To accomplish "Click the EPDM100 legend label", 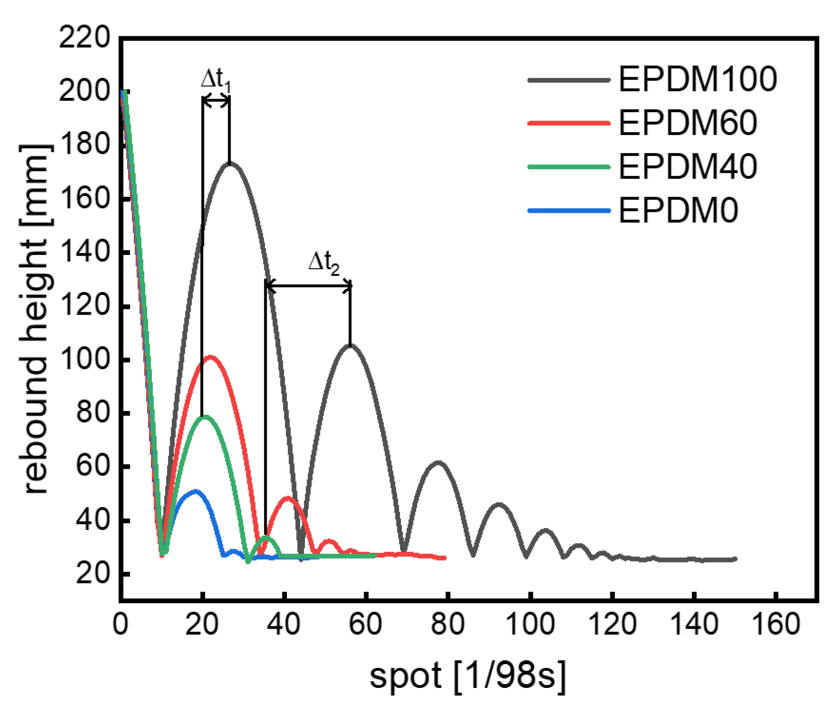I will click(697, 79).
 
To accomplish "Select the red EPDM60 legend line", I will click(569, 123).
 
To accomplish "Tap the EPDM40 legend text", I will click(688, 167).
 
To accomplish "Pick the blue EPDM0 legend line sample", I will click(569, 210).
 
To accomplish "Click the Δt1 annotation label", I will click(216, 80).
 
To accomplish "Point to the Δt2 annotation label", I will click(324, 263).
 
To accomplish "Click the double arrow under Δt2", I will click(308, 286).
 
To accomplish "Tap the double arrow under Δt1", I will click(216, 101).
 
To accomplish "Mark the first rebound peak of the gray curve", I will click(230, 164).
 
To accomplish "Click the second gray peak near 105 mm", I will click(350, 345).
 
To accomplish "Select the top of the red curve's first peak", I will click(210, 357).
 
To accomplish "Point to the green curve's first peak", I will click(204, 417).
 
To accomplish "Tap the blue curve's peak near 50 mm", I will click(195, 491).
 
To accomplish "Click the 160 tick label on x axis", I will click(776, 624).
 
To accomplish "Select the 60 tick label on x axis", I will click(365, 624).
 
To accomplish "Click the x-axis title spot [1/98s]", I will click(468, 676).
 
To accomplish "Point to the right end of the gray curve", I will click(735, 559).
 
